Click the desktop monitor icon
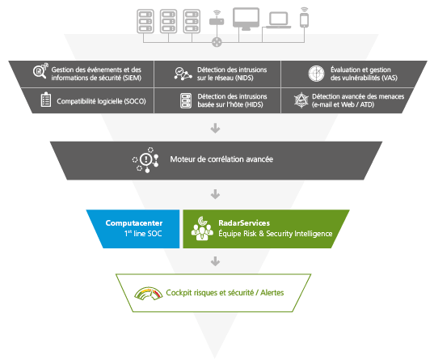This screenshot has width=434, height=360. click(x=246, y=19)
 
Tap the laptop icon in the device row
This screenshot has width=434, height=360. click(x=279, y=20)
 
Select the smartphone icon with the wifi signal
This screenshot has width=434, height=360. click(x=304, y=18)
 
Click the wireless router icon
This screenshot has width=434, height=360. click(x=217, y=18)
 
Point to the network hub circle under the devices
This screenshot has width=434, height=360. click(x=217, y=42)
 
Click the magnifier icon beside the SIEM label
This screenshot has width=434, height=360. click(x=40, y=71)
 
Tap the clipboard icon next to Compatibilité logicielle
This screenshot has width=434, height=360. click(x=46, y=100)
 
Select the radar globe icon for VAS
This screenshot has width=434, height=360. click(x=316, y=74)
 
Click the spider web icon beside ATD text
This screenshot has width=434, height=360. click(x=301, y=100)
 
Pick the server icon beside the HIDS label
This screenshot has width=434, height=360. click(x=186, y=100)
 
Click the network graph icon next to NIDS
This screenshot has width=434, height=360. click(x=183, y=74)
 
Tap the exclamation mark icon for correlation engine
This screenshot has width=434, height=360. click(x=145, y=160)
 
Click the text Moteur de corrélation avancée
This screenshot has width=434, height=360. click(x=221, y=159)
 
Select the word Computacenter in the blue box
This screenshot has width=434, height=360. click(x=134, y=223)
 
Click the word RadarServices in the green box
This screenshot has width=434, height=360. click(x=244, y=223)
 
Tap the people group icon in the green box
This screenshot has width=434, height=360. click(x=202, y=229)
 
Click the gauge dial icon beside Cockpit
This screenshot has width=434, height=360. click(x=149, y=294)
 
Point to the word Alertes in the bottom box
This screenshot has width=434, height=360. click(x=272, y=293)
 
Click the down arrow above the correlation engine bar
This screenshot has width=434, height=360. click(x=215, y=129)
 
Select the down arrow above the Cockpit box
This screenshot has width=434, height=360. click(x=215, y=261)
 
